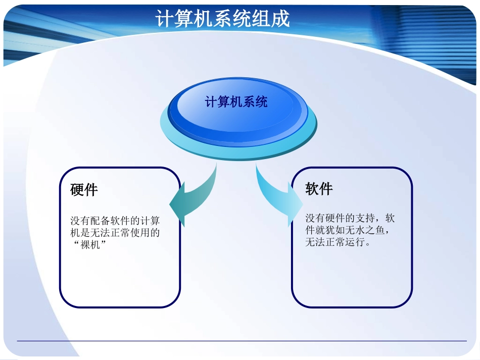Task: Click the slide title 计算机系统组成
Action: point(223,19)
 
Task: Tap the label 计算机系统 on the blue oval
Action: point(236,102)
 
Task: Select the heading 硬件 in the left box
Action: point(84,190)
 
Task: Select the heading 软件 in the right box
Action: point(319,189)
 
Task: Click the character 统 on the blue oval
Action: point(262,102)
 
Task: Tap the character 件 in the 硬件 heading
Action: point(91,190)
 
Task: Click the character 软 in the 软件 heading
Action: point(312,189)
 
